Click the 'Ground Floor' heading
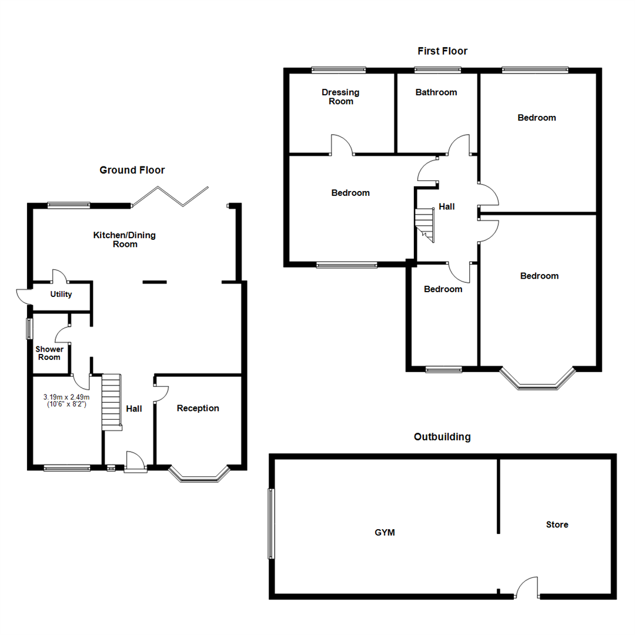pyautogui.click(x=132, y=170)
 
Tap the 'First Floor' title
pyautogui.click(x=442, y=51)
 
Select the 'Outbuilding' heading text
pyautogui.click(x=442, y=437)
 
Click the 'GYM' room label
pyautogui.click(x=385, y=533)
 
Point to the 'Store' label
pyautogui.click(x=557, y=524)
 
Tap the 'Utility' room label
pyautogui.click(x=61, y=294)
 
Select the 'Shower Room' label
pyautogui.click(x=49, y=353)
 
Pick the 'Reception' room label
pyautogui.click(x=198, y=408)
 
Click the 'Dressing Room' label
pyautogui.click(x=340, y=96)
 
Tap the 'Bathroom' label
pyautogui.click(x=436, y=92)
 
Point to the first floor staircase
pyautogui.click(x=425, y=225)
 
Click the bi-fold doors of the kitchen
pyautogui.click(x=171, y=196)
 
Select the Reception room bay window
pyautogui.click(x=198, y=476)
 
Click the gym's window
pyautogui.click(x=270, y=524)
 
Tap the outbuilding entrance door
pyautogui.click(x=527, y=588)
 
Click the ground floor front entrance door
pyautogui.click(x=136, y=462)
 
